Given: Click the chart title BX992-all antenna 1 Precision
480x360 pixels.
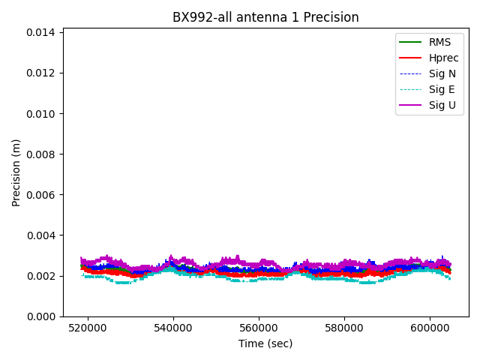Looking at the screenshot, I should click(x=265, y=17).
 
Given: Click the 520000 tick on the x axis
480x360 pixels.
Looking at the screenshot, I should click(x=88, y=328).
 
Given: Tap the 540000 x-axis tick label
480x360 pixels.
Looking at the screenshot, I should click(x=173, y=328).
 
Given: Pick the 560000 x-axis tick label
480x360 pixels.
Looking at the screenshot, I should click(x=259, y=328).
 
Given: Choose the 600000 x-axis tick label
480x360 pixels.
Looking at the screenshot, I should click(x=430, y=328).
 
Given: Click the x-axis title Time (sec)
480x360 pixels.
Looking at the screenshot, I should click(x=265, y=343).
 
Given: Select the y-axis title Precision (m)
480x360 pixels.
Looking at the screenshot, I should click(x=16, y=172).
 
